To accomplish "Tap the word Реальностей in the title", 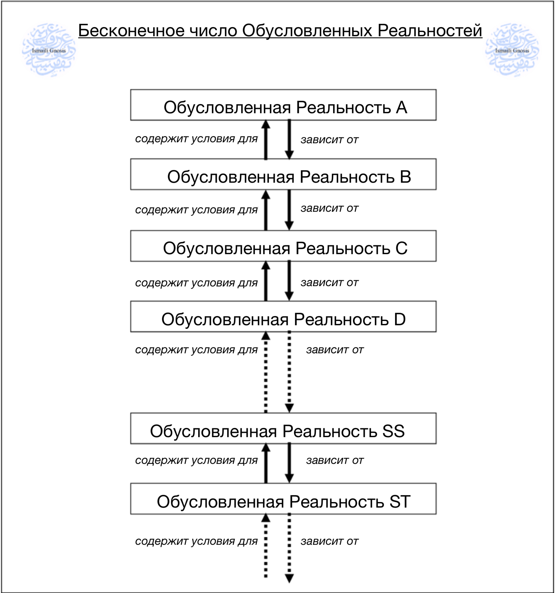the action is (430, 30).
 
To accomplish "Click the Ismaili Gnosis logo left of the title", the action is (49, 50).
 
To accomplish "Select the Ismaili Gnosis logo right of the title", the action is (512, 50).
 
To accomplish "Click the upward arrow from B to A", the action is (266, 140).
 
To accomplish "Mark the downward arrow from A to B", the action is (289, 140).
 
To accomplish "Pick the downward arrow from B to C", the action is (289, 210).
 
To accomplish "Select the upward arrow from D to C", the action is (266, 281).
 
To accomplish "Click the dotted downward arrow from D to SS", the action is (289, 372).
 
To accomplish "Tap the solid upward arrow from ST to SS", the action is (266, 463).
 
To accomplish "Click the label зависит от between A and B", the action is (329, 140).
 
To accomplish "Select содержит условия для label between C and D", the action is (196, 283).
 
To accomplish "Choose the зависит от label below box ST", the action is (329, 541).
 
